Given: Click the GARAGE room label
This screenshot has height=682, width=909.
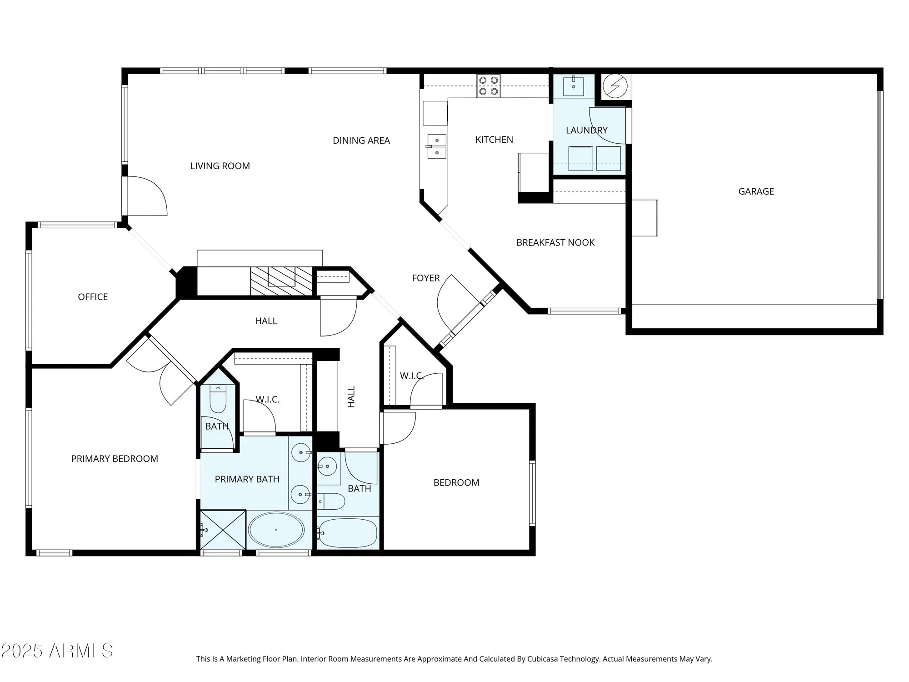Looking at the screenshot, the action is pyautogui.click(x=756, y=191).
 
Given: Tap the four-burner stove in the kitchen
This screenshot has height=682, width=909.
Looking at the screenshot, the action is pyautogui.click(x=489, y=86).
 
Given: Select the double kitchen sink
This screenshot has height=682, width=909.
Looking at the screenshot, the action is pyautogui.click(x=437, y=146).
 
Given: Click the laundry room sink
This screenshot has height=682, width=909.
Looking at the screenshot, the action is pyautogui.click(x=573, y=86).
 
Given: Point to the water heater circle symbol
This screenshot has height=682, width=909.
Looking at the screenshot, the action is pyautogui.click(x=614, y=85).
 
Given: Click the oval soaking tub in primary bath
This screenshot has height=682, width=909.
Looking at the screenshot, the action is pyautogui.click(x=276, y=530).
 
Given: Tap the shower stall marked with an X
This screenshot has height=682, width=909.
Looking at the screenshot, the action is pyautogui.click(x=223, y=530).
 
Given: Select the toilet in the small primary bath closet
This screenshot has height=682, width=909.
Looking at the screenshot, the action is pyautogui.click(x=218, y=399).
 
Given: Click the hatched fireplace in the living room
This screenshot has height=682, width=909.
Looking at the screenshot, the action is pyautogui.click(x=281, y=281).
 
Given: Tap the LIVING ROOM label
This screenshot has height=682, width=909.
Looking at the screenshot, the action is pyautogui.click(x=220, y=166).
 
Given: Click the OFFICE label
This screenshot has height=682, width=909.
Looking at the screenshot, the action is pyautogui.click(x=93, y=297).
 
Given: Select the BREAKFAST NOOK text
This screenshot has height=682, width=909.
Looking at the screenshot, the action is pyautogui.click(x=555, y=243).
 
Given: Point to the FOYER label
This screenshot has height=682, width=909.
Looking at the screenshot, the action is pyautogui.click(x=425, y=278).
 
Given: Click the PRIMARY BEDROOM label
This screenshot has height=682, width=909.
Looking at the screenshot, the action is pyautogui.click(x=115, y=459).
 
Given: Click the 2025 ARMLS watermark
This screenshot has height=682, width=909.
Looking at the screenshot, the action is pyautogui.click(x=57, y=651).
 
